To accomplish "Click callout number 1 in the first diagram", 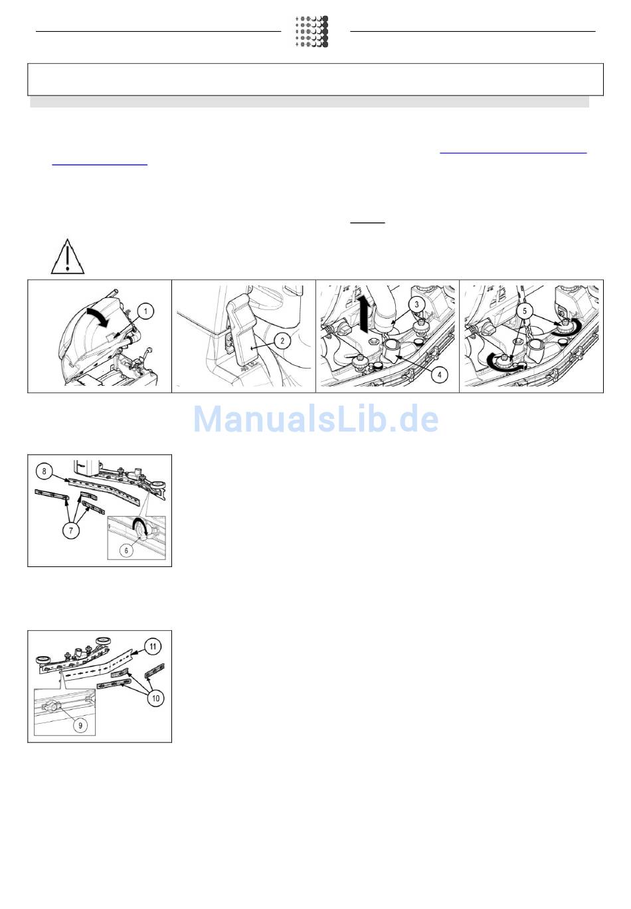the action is (145, 311).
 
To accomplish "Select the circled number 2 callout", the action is (282, 341).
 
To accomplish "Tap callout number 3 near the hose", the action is (416, 304).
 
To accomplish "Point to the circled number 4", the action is (439, 374).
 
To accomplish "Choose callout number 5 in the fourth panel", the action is (525, 311).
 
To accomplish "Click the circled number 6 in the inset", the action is (126, 550).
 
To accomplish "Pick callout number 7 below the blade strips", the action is (71, 531).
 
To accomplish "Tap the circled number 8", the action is (45, 471).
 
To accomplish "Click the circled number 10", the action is (155, 698).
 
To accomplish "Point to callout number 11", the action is (153, 646).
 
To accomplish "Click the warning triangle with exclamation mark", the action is (68, 256).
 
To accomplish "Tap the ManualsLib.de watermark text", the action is (316, 419).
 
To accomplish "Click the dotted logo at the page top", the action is (312, 31).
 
